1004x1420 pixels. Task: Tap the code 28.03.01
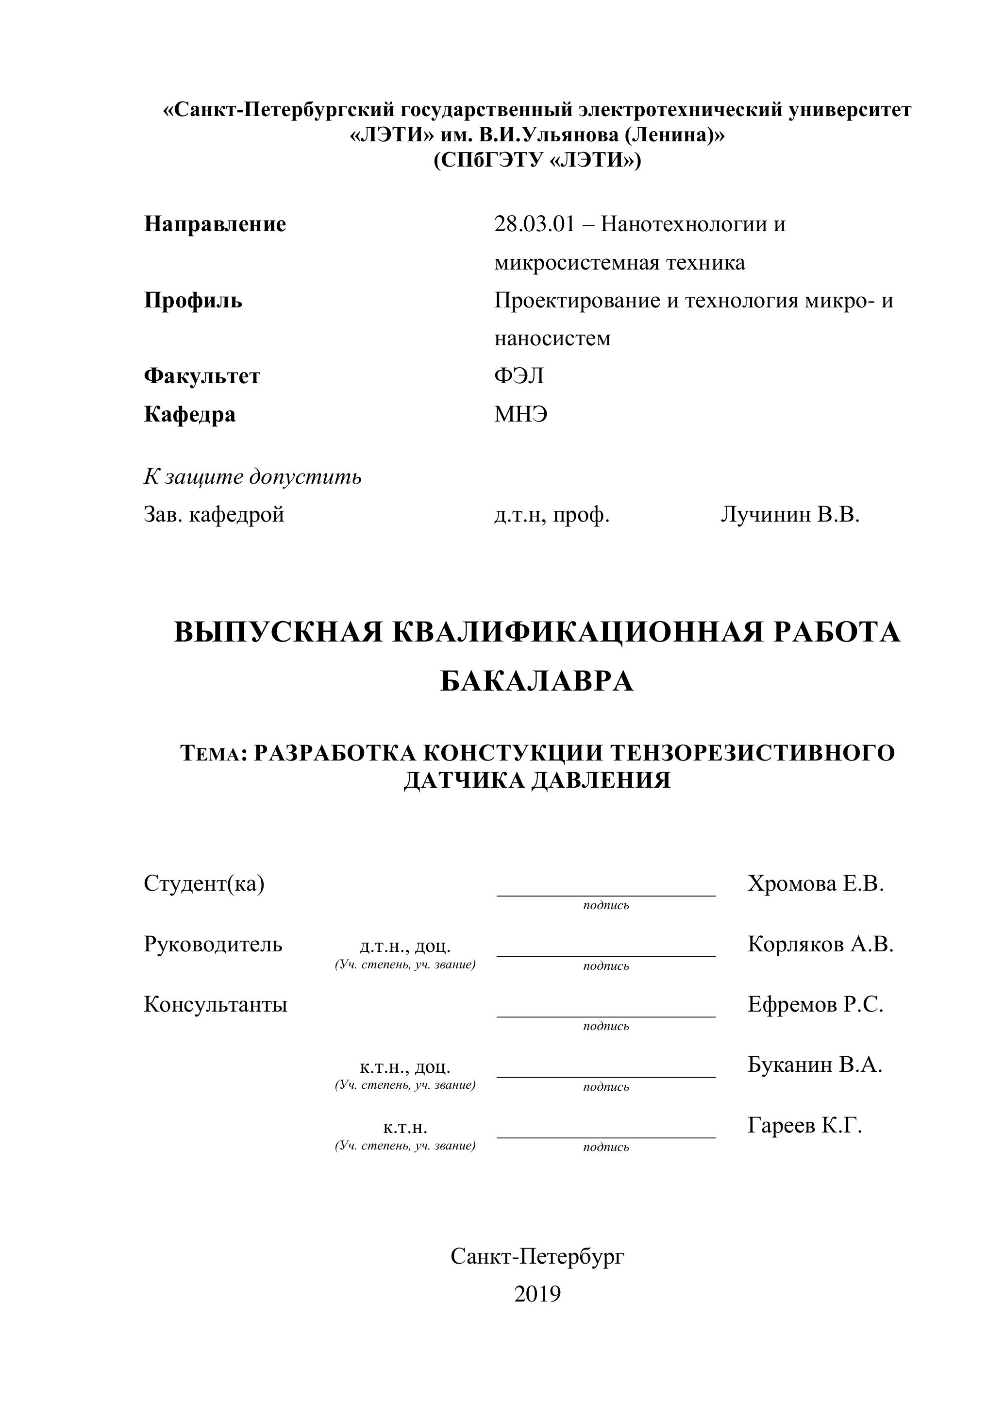point(534,224)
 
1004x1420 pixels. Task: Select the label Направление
point(215,224)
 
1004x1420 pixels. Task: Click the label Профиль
point(193,301)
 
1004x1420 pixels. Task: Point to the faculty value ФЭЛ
point(519,376)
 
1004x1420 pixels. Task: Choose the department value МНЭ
point(520,414)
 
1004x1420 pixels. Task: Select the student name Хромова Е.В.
point(816,884)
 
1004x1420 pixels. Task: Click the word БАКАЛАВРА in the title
point(536,681)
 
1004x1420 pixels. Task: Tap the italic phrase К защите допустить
point(252,477)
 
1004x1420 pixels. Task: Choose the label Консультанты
point(215,1004)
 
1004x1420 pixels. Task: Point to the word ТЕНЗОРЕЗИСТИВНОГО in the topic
point(753,753)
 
